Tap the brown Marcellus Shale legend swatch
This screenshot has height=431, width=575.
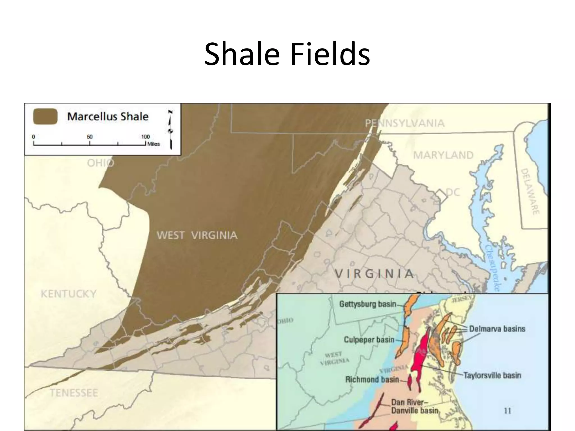45,116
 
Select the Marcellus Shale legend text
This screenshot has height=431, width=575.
108,116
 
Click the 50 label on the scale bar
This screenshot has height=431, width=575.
90,137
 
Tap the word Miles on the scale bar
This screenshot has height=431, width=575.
154,144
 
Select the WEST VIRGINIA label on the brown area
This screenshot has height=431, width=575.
197,235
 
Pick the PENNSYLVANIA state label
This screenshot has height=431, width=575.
405,123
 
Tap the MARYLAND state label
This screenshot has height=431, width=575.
443,155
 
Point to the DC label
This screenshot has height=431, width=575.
453,192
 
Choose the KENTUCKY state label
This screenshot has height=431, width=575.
69,294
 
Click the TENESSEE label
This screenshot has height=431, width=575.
74,393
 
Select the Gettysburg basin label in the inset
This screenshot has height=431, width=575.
368,304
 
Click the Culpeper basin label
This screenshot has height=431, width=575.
369,340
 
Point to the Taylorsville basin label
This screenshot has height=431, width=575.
492,375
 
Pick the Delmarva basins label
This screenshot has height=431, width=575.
497,329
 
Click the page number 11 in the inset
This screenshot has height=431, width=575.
508,411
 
